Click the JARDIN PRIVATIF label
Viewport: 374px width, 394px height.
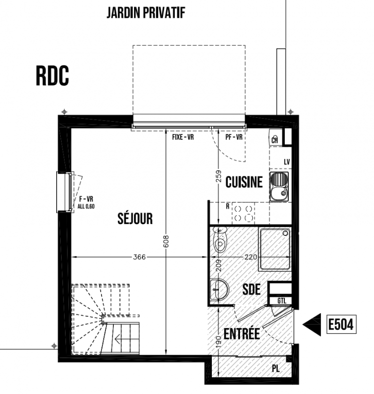(146, 13)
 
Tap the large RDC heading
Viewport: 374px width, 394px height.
(52, 76)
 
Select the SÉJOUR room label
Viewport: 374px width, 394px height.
(135, 218)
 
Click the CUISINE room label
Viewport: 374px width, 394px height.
(244, 182)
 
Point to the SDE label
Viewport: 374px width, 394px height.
(251, 289)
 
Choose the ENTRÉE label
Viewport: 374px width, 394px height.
(242, 334)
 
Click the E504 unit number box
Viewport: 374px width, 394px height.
(341, 325)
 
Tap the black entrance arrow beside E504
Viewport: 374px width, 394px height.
(311, 325)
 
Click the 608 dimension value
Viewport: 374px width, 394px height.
(166, 241)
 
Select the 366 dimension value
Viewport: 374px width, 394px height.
(139, 257)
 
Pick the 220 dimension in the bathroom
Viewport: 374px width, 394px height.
(251, 257)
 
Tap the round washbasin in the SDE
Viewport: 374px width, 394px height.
(219, 290)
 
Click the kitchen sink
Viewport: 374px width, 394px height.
(279, 187)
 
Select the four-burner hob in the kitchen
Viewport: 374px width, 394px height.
(243, 213)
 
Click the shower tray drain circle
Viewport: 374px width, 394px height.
(285, 233)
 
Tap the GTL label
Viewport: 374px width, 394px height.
(282, 301)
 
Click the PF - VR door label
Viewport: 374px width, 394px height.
(234, 137)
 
